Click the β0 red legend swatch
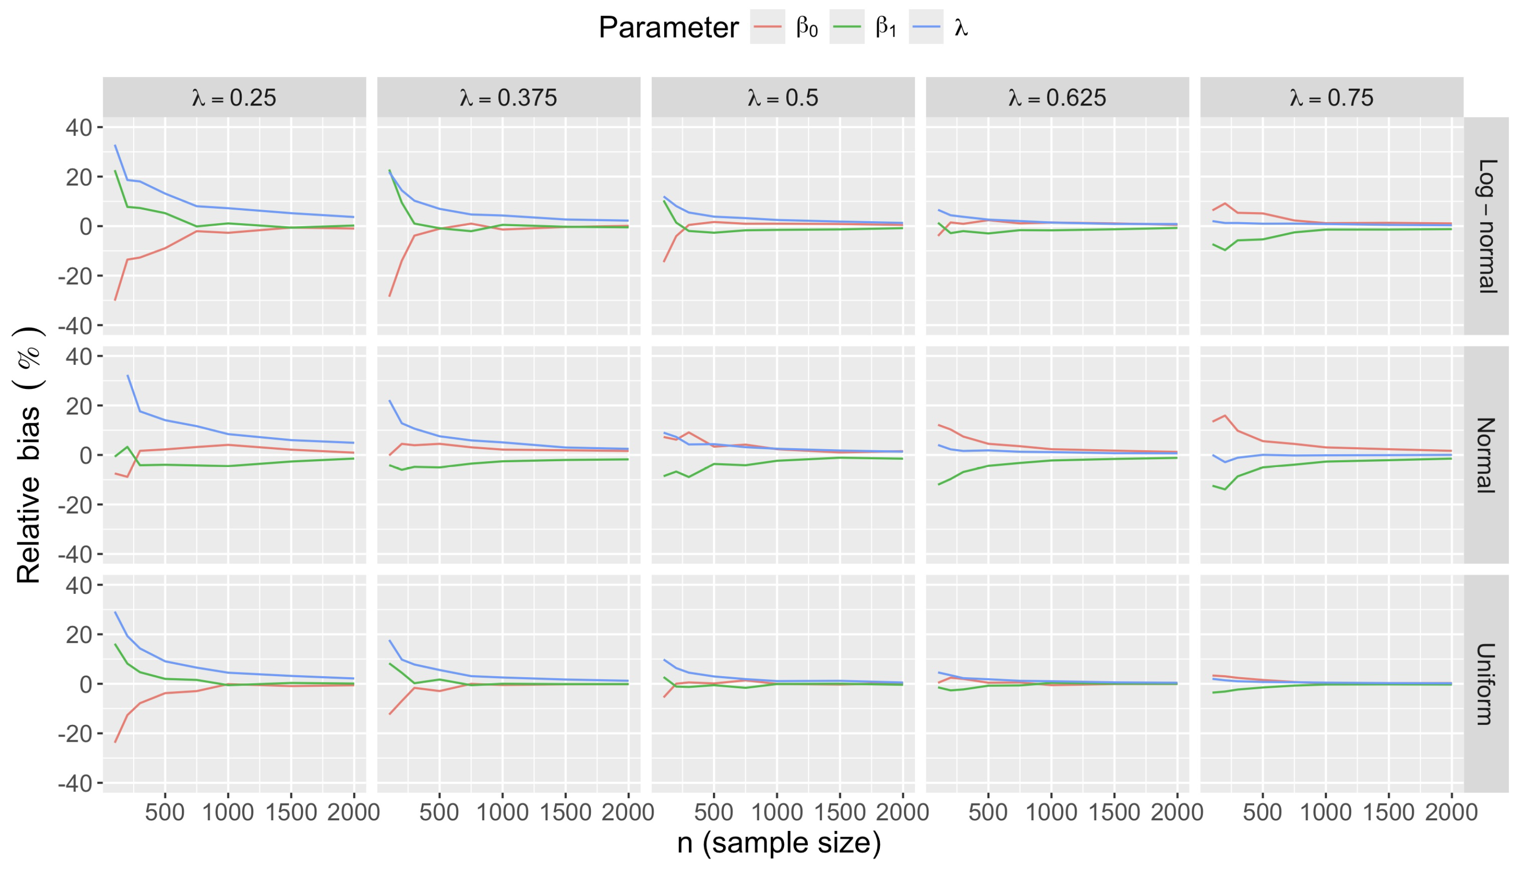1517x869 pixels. coord(767,27)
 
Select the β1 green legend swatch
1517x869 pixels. coord(847,27)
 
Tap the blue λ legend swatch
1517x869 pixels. coord(926,27)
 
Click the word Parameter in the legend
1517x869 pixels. coord(669,27)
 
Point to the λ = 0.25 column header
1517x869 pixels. coord(234,97)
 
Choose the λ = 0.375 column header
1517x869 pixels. coord(508,97)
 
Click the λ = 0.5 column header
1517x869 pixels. coord(783,97)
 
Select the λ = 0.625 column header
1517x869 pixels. coord(1057,97)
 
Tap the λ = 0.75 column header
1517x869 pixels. coord(1331,97)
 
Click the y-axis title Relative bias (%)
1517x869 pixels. coord(28,455)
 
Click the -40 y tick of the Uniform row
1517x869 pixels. coord(75,783)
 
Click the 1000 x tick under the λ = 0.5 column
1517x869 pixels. coord(777,812)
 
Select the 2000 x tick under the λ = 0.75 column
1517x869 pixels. coord(1451,812)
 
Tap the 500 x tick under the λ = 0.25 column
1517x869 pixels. coord(165,812)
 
